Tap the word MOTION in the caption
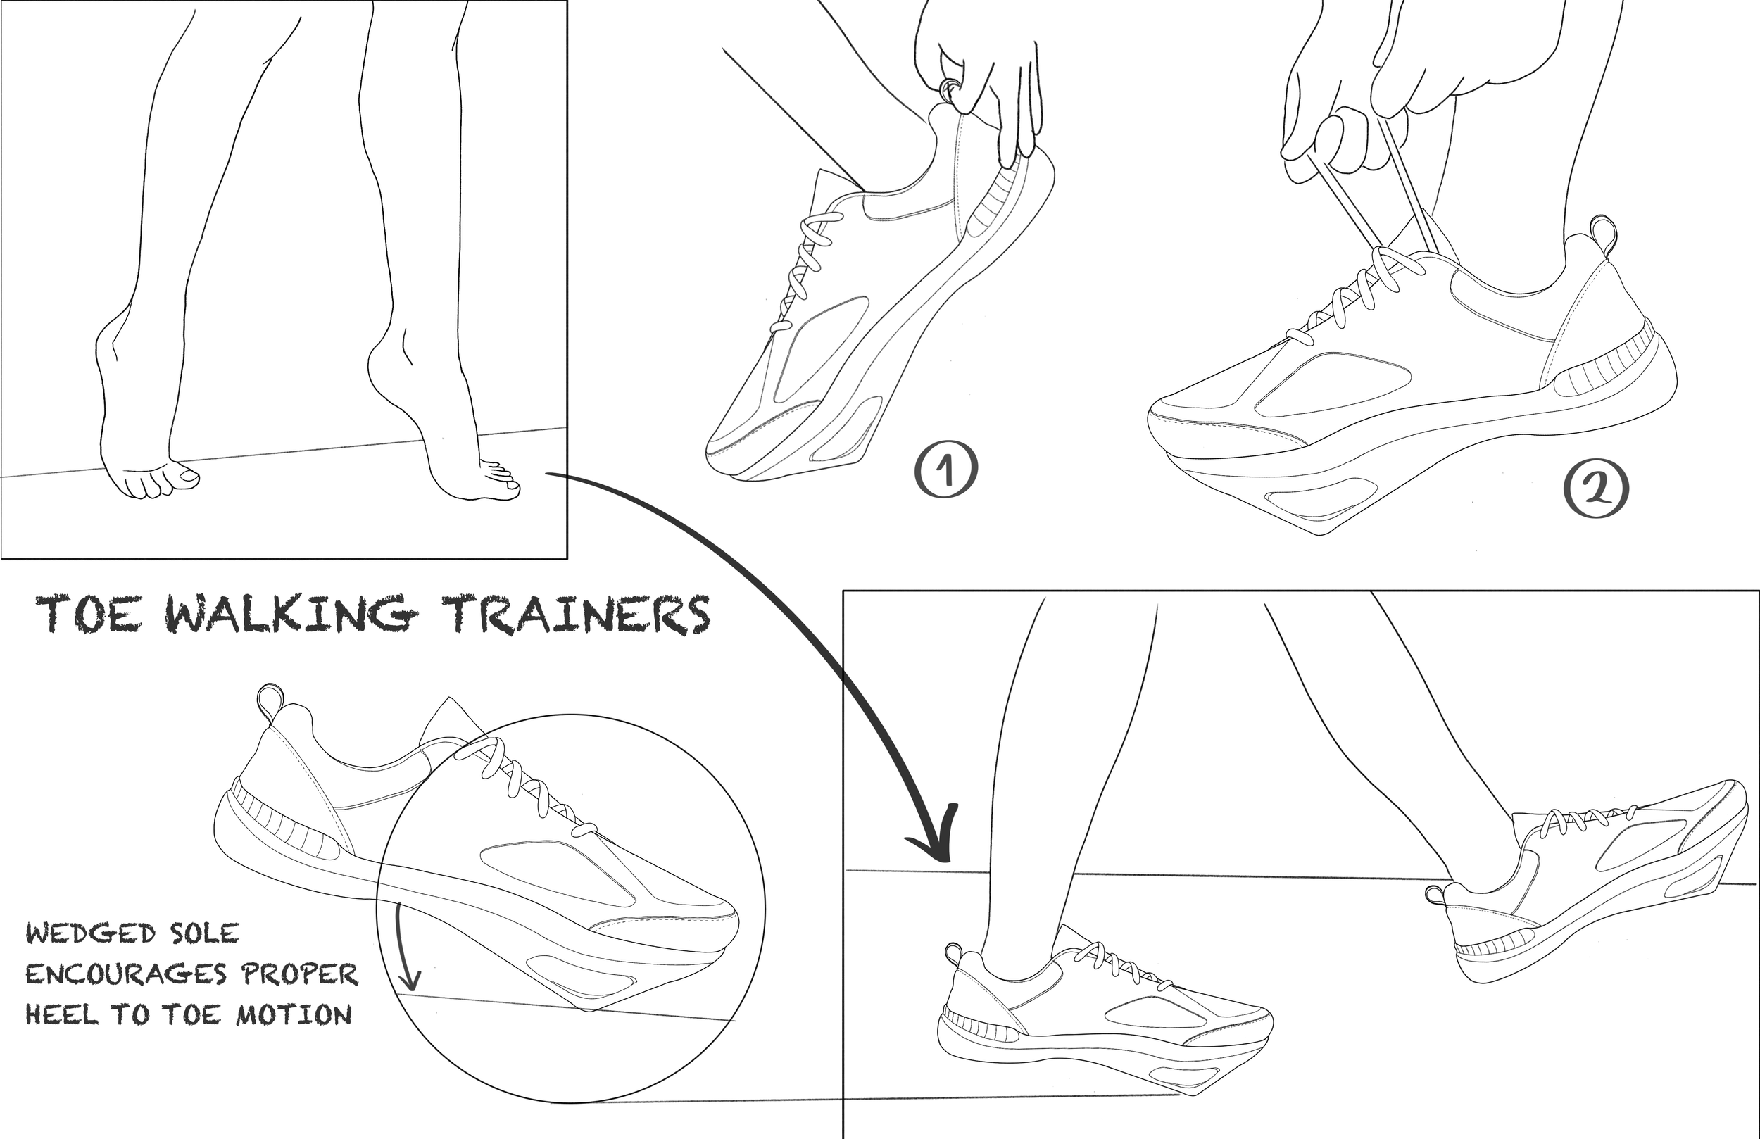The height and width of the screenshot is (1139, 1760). point(294,1014)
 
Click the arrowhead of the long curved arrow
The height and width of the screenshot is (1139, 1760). point(936,839)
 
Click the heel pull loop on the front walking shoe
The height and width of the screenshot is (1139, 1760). point(954,954)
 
